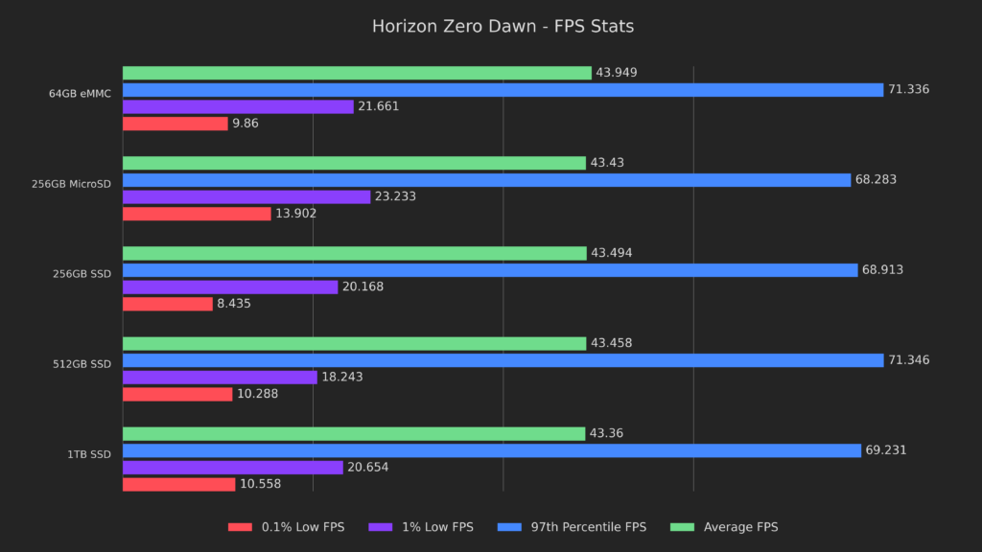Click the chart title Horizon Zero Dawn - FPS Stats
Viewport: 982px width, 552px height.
click(503, 27)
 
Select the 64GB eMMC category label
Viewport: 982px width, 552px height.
click(81, 94)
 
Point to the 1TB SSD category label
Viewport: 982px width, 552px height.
click(88, 454)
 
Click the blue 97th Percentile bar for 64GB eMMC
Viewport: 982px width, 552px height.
click(503, 90)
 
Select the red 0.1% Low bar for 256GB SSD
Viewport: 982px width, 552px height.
click(168, 304)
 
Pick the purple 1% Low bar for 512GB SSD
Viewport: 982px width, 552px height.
click(220, 378)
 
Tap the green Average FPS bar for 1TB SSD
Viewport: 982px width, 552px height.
click(354, 434)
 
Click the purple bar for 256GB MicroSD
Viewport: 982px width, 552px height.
click(246, 196)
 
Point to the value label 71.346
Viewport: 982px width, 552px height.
click(908, 360)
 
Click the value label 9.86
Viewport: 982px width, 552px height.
click(245, 124)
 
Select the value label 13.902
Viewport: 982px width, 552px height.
click(295, 214)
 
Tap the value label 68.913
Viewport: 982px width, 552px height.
click(882, 270)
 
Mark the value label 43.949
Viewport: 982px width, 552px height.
click(616, 73)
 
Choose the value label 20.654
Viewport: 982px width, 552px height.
click(367, 468)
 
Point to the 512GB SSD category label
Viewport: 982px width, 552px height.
click(82, 364)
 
